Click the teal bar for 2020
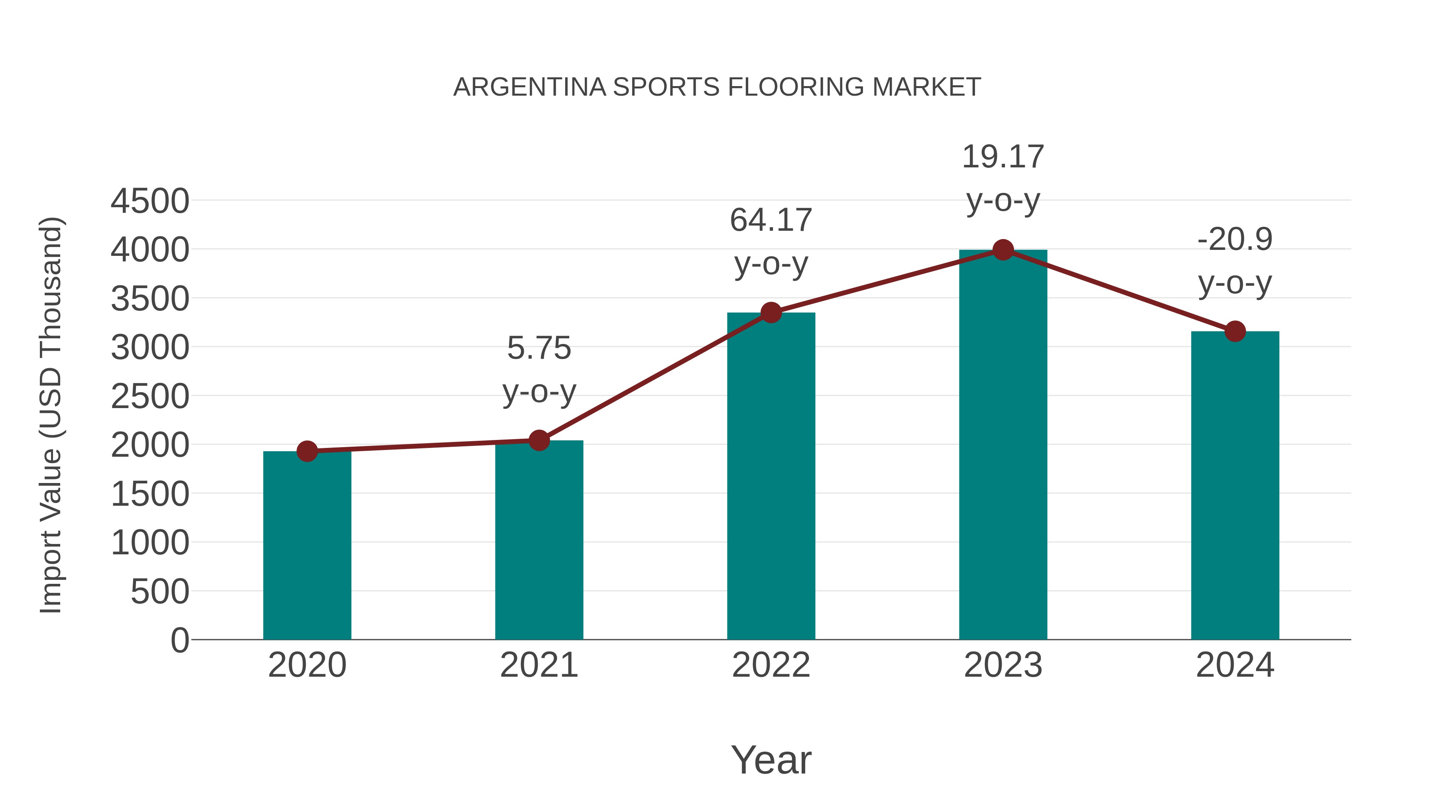pos(307,546)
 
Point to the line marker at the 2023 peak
pos(1003,250)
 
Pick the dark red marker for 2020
pos(307,451)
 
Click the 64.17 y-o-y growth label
pos(771,242)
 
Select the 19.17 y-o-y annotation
pos(1003,178)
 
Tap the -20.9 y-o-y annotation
pos(1235,261)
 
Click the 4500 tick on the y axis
pos(150,201)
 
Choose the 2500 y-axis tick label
pos(150,397)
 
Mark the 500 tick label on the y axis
pos(160,591)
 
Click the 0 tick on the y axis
pos(180,640)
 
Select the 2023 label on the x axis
pos(1003,665)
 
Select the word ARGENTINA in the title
pos(530,87)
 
